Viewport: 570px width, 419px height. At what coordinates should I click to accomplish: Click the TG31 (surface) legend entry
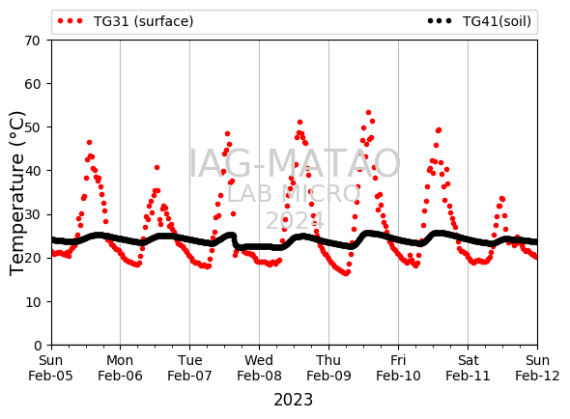coord(126,21)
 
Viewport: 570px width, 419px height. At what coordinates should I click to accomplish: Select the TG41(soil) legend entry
coord(479,21)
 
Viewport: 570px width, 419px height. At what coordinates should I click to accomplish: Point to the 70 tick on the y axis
coord(32,41)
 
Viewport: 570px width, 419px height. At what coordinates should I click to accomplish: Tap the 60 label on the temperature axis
coord(32,84)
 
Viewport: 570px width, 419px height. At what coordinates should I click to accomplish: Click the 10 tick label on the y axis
coord(32,302)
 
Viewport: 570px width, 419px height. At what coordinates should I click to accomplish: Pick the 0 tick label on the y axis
coord(38,346)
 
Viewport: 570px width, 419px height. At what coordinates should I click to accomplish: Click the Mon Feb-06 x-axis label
coord(120,368)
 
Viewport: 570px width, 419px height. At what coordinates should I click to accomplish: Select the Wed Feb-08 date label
coord(259,368)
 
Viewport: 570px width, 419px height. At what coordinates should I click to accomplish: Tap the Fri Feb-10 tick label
coord(398,368)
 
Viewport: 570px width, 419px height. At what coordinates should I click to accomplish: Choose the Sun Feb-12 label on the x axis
coord(537,368)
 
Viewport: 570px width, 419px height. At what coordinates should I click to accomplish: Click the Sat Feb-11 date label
coord(468,368)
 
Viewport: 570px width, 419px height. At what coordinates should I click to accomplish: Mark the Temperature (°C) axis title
coord(16,193)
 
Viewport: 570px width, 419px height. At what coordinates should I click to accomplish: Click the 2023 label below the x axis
coord(293,400)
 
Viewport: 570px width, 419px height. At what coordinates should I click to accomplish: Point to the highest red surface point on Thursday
coord(369,113)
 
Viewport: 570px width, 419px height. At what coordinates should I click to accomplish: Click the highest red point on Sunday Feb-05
coord(90,143)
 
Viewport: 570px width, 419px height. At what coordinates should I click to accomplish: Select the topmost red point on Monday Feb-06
coord(157,168)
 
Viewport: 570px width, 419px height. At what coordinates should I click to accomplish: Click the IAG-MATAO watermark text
coord(295,163)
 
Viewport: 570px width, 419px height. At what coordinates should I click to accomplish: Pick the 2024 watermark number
coord(295,220)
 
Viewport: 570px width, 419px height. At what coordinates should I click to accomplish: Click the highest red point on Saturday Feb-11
coord(502,199)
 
